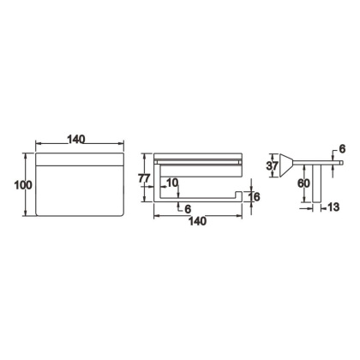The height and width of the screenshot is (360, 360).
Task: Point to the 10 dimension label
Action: (x=173, y=183)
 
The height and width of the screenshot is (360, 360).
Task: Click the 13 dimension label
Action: (x=333, y=207)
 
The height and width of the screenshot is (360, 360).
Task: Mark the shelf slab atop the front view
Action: (x=196, y=158)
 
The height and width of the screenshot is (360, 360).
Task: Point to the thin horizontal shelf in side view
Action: (x=321, y=159)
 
